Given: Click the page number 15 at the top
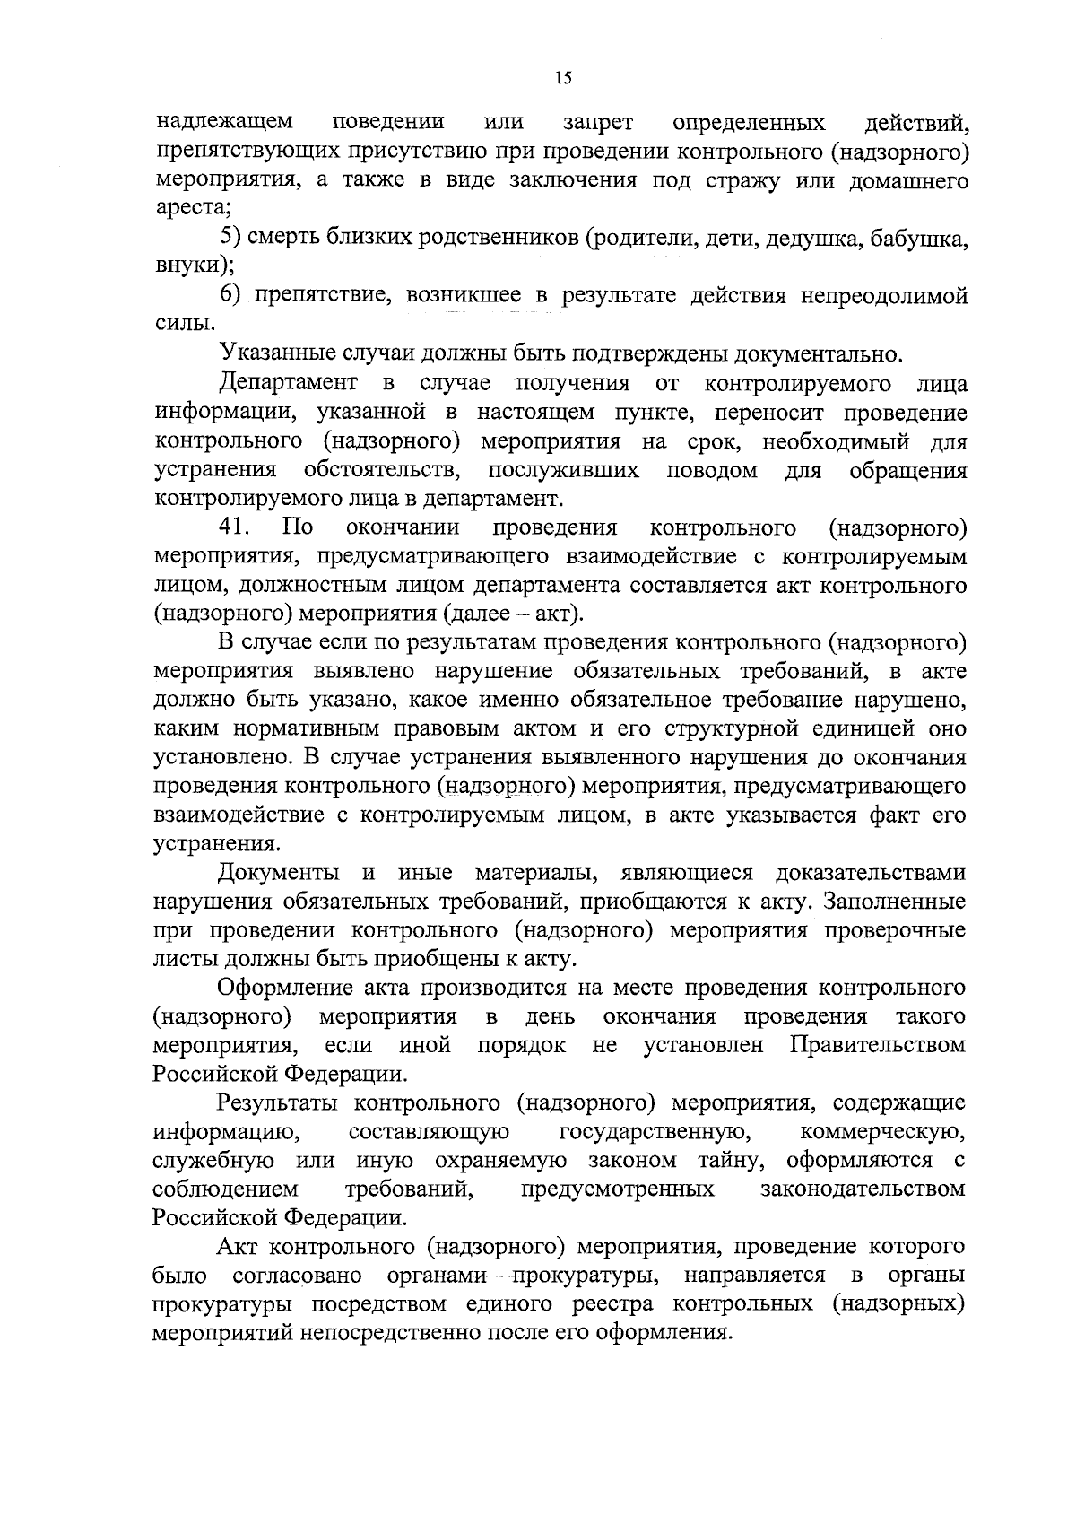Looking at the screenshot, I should (563, 78).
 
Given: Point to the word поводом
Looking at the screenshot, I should (712, 470).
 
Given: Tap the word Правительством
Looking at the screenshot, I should (877, 1045).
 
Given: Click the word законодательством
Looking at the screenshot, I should (863, 1189).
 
